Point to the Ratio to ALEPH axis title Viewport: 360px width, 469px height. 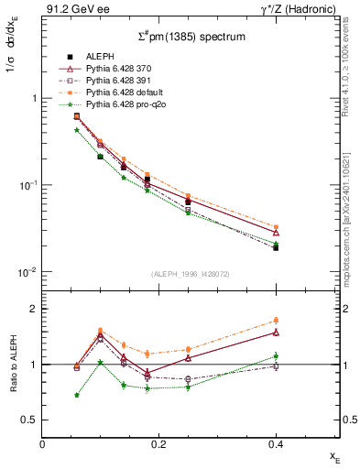[x=13, y=365]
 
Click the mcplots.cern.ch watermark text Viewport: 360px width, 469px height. [x=350, y=220]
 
